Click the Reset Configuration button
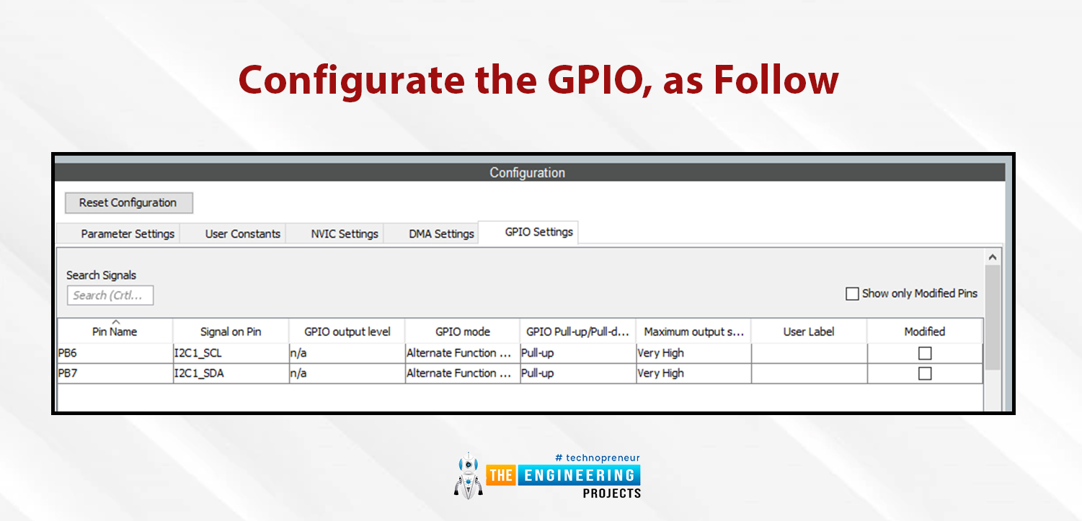point(129,202)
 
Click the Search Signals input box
point(110,295)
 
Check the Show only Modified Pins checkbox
point(852,293)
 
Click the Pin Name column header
point(115,331)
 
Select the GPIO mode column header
point(462,331)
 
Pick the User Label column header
point(809,331)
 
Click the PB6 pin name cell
point(115,353)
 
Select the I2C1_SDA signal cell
point(231,373)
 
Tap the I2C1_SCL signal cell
point(231,353)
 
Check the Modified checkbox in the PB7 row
point(925,373)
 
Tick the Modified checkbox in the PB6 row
point(925,353)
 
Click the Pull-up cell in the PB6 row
point(577,353)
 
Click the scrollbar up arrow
point(993,257)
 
